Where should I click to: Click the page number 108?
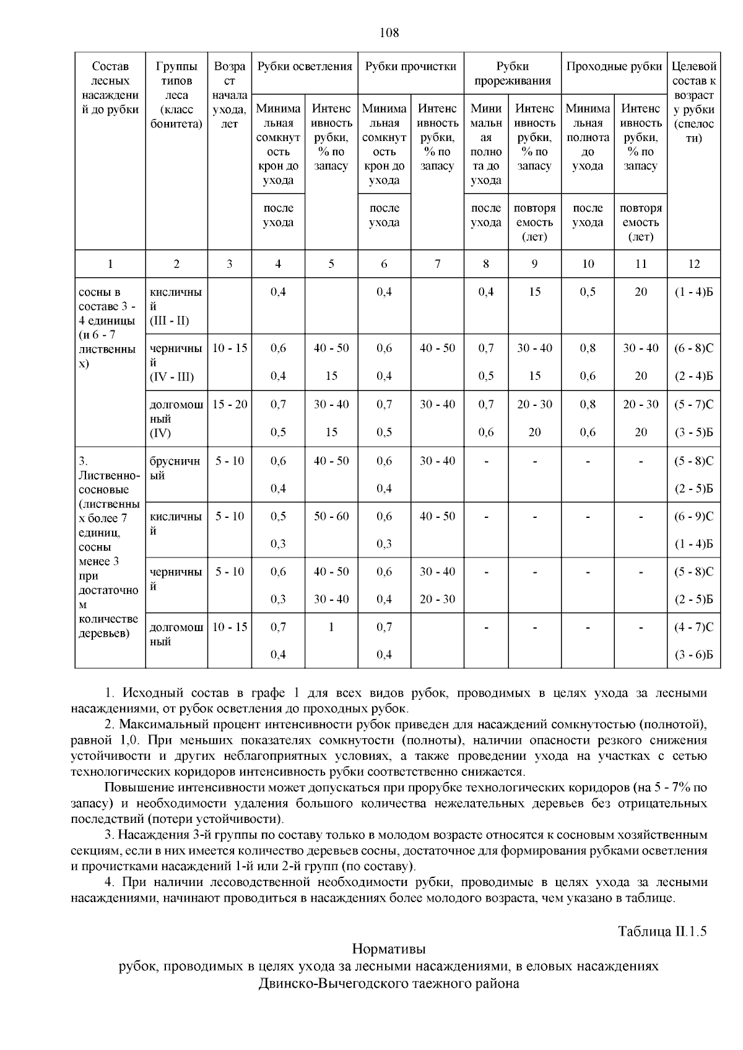[388, 33]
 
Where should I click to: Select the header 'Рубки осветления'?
[305, 67]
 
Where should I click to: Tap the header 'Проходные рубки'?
[614, 67]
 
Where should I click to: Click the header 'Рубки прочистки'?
[411, 67]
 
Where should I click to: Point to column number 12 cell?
[693, 264]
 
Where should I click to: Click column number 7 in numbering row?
[437, 264]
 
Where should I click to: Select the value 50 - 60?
[331, 516]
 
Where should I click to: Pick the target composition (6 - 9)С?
[693, 516]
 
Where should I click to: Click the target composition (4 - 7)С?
[693, 627]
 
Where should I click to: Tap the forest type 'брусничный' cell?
[175, 468]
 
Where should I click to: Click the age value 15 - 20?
[230, 405]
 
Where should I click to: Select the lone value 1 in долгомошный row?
[331, 627]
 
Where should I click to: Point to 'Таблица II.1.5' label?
[662, 931]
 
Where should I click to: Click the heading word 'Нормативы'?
[388, 949]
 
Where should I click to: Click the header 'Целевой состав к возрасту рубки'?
[693, 102]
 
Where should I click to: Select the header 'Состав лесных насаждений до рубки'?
[110, 88]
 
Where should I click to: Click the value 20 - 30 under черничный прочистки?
[437, 599]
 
